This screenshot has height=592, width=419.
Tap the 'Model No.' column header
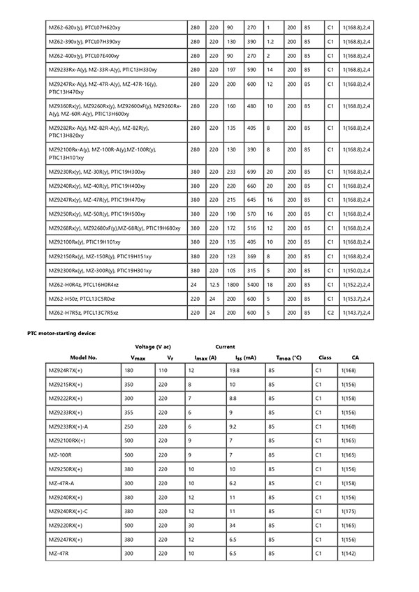coord(83,357)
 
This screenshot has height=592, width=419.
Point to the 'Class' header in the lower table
coord(325,357)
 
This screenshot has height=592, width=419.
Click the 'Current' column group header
coord(225,346)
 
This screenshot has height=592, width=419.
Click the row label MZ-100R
coord(61,454)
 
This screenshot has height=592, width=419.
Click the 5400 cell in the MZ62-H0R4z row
coord(253,285)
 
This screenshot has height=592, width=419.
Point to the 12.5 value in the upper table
coord(214,285)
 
